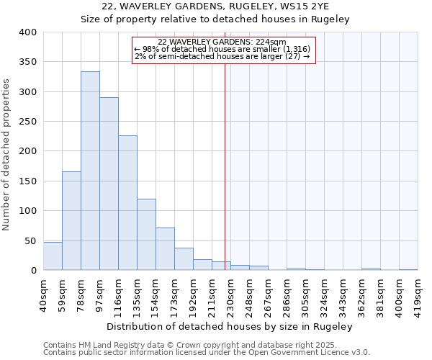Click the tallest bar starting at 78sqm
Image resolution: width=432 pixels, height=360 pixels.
tap(90, 171)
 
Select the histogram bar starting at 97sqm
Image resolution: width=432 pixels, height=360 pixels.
tap(109, 184)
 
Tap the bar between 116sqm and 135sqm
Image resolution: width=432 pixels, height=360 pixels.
tap(127, 203)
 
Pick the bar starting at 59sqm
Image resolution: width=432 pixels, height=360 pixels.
tap(71, 221)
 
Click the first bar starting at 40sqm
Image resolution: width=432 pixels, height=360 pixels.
tap(53, 256)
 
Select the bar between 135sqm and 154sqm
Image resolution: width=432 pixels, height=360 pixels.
tap(146, 235)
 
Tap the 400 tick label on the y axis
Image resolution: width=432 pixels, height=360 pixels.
tap(27, 32)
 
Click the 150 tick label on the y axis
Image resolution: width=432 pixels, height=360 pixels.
tap(27, 181)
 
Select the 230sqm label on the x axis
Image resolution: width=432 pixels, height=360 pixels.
tap(230, 294)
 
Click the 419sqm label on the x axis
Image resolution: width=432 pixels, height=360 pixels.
tap(418, 294)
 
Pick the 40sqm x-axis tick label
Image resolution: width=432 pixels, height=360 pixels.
tap(43, 294)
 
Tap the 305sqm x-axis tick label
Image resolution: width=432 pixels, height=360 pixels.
tap(305, 294)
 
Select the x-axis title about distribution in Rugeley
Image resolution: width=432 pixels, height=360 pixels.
tap(230, 326)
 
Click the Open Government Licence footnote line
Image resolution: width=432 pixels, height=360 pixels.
tap(207, 353)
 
